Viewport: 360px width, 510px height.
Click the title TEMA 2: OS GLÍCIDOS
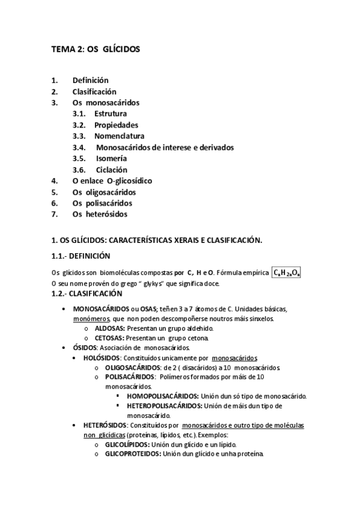tap(96, 50)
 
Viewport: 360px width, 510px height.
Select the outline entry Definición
tap(90, 80)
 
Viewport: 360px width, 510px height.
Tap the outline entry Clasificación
tap(94, 91)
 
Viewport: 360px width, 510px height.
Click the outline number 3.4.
tap(79, 147)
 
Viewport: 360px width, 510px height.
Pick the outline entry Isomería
tap(111, 159)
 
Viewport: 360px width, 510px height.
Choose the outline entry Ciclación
tap(111, 170)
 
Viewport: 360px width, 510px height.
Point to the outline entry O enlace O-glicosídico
tap(112, 181)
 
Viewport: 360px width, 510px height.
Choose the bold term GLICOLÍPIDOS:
tap(128, 444)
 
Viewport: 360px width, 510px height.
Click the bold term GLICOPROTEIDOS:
tap(133, 453)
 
